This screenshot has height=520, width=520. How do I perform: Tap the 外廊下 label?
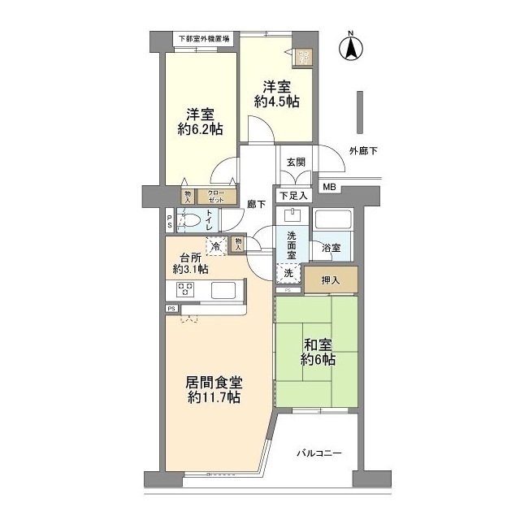tap(364, 150)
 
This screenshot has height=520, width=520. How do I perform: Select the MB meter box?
tap(329, 188)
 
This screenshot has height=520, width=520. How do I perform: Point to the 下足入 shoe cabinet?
tap(294, 195)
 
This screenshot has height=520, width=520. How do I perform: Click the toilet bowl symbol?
tap(188, 220)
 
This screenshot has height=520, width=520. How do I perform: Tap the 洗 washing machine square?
tap(290, 274)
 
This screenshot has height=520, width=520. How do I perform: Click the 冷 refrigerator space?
tap(215, 245)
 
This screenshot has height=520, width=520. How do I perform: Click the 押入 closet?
tap(330, 280)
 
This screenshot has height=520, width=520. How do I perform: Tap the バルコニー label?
tap(318, 453)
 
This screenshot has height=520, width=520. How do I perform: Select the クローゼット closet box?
tap(216, 196)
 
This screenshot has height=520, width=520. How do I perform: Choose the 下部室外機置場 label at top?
tap(204, 38)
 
